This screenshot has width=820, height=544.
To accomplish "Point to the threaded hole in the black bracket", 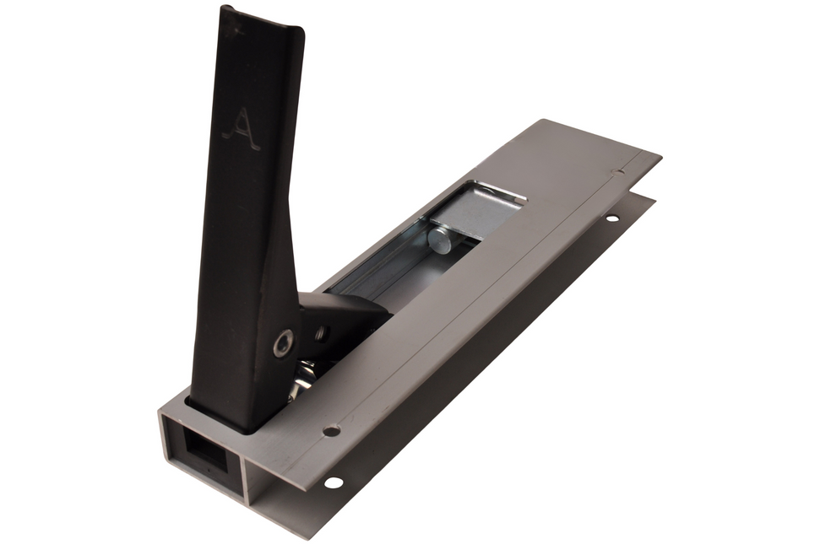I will (321, 333).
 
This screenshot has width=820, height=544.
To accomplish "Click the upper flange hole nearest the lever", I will (331, 430).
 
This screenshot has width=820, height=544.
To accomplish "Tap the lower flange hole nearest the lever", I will (333, 482).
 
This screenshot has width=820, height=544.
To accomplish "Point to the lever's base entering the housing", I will (224, 413).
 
